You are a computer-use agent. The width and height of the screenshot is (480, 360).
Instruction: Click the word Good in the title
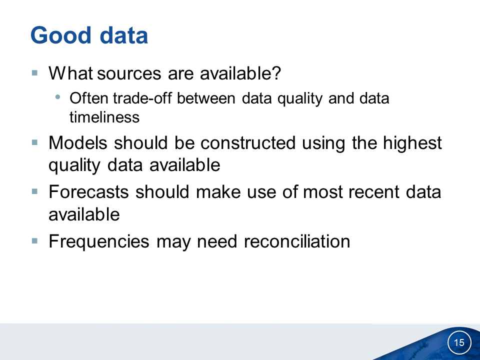pos(61,35)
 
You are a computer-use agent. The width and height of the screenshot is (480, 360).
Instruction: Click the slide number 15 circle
pos(459,342)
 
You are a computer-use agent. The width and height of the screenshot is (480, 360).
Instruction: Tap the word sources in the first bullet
pos(129,73)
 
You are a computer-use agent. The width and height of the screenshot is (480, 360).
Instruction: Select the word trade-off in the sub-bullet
pos(142,98)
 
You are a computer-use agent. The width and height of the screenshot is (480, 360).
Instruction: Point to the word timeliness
pos(104,117)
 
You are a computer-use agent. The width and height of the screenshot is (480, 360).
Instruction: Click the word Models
pos(78,143)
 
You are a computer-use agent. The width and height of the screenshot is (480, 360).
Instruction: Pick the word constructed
pos(248,143)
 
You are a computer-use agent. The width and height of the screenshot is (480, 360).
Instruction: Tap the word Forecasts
pos(89,192)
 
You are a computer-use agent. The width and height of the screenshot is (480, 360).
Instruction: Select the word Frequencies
pos(99,241)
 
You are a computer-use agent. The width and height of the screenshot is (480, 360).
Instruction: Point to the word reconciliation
pos(297,241)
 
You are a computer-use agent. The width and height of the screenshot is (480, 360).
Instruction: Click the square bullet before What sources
pos(34,73)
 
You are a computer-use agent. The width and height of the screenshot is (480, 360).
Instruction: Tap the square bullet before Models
pos(34,142)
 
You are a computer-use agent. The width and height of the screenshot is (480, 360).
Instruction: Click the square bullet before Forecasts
pos(34,191)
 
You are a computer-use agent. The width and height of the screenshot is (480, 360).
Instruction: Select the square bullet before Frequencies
pos(34,241)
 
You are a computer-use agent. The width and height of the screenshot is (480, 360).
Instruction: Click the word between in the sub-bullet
pos(206,98)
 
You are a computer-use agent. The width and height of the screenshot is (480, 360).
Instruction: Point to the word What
pos(70,73)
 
